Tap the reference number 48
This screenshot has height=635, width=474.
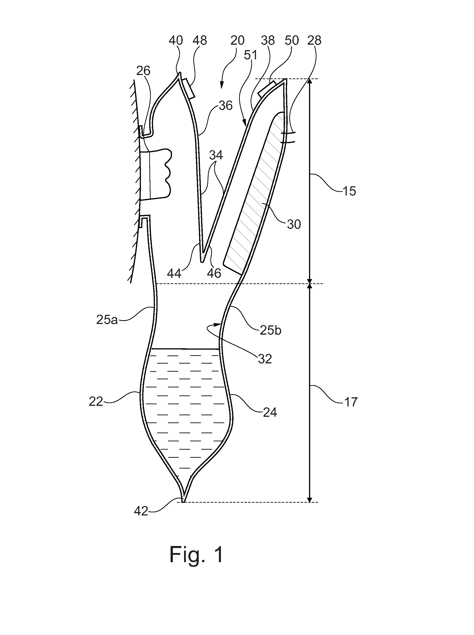tap(200, 40)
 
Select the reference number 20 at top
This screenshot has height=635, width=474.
tap(238, 40)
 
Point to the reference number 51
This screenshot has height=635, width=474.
tap(251, 55)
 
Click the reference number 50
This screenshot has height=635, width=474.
tap(292, 40)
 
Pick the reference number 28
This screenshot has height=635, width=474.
tap(314, 40)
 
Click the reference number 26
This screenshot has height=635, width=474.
tap(143, 71)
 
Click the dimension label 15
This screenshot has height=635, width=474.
tap(349, 191)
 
